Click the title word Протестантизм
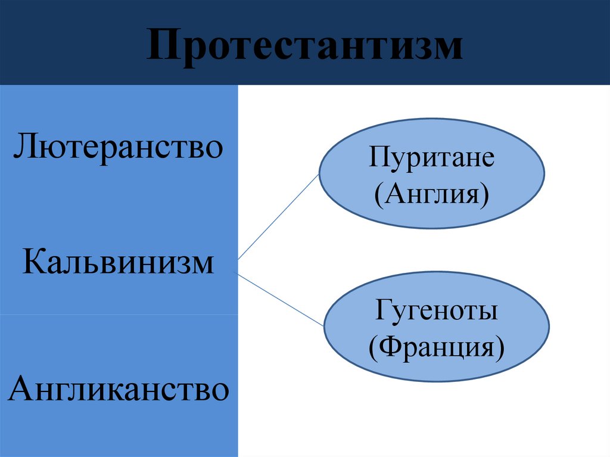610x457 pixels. [304, 46]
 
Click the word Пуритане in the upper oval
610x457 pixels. [432, 160]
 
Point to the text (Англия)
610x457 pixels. [432, 194]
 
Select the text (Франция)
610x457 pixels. [436, 346]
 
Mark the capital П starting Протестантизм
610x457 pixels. [161, 46]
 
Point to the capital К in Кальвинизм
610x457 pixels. [33, 262]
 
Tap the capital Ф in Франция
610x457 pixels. [390, 346]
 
